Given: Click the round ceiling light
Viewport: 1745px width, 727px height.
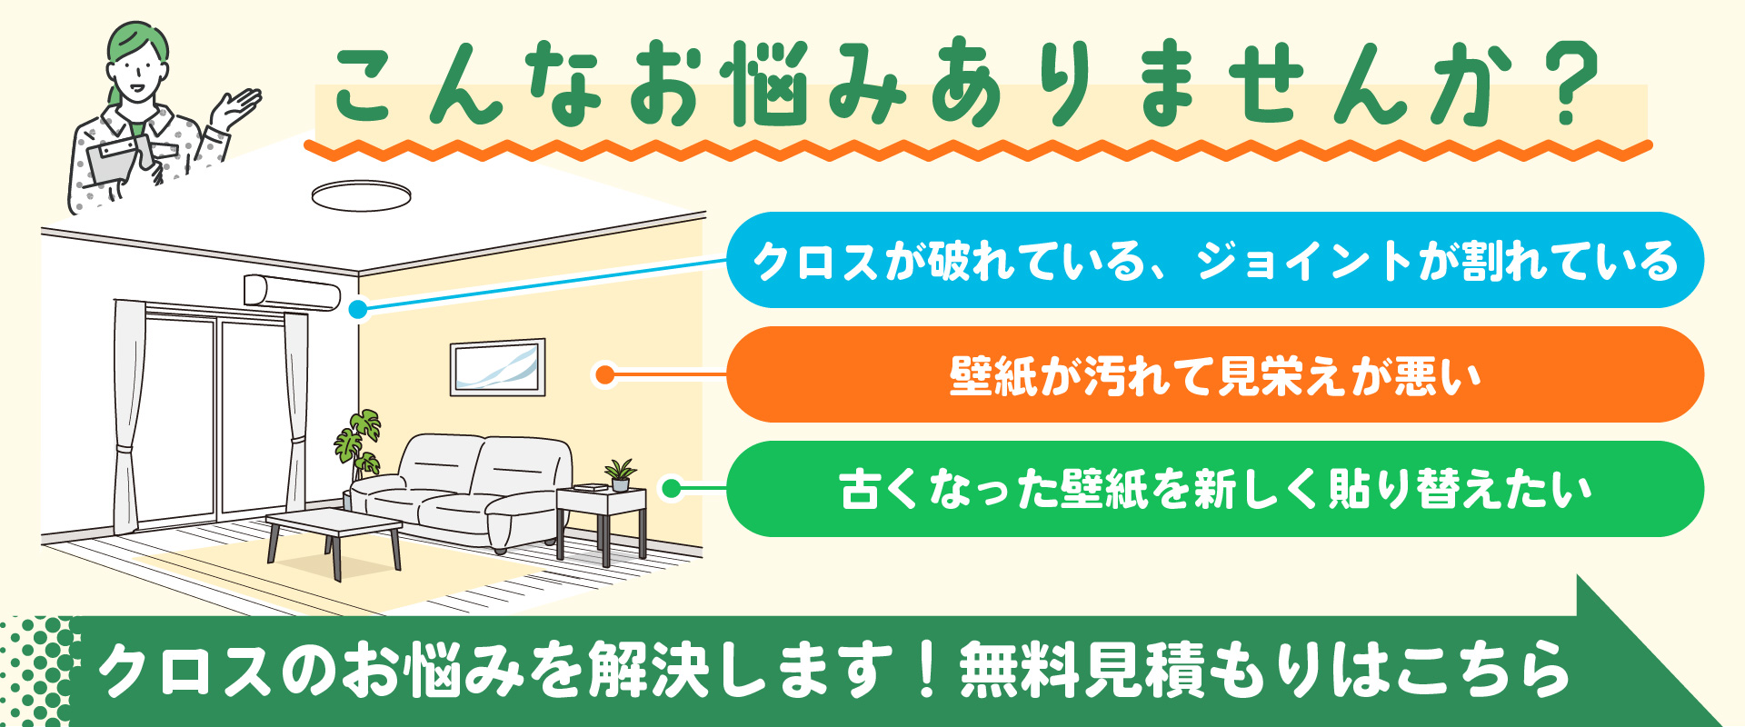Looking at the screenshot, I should click(x=361, y=195).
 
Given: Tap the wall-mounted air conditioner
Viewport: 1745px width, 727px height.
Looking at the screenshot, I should click(x=292, y=292).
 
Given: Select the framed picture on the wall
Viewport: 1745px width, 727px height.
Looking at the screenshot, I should click(x=498, y=367).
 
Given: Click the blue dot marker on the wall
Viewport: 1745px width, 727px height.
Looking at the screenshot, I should click(x=358, y=310).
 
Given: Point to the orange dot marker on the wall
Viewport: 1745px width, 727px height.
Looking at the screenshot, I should click(x=604, y=374).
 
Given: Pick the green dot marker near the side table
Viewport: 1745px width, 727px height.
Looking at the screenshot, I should click(x=671, y=489).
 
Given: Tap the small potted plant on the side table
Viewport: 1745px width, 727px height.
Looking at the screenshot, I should click(x=621, y=473).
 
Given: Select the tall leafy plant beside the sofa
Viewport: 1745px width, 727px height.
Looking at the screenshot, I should click(x=358, y=445).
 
